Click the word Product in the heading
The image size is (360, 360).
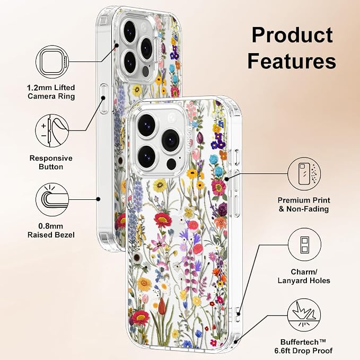click(x=292, y=35)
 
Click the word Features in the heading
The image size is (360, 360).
click(x=292, y=60)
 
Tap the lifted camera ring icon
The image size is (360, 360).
click(x=52, y=62)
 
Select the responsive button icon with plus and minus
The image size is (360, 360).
click(x=52, y=131)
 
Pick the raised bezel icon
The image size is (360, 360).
click(x=52, y=199)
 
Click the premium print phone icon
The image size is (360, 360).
click(x=304, y=174)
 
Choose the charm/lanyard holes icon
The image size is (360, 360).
click(x=304, y=245)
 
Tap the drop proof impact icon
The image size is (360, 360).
click(x=304, y=315)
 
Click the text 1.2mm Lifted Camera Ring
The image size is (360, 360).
click(x=51, y=92)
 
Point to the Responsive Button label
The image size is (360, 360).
click(x=51, y=162)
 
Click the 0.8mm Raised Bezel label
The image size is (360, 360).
click(x=51, y=231)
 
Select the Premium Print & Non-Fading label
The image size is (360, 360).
click(x=304, y=205)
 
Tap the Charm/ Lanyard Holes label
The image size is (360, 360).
click(x=304, y=276)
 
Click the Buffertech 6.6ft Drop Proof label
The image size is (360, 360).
click(x=303, y=346)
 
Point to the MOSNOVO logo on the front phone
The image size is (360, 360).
click(x=189, y=139)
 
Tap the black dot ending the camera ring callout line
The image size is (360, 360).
click(x=117, y=46)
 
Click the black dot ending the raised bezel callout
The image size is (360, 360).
click(x=98, y=199)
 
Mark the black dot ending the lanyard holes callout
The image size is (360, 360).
click(x=239, y=314)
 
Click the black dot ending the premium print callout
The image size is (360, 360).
click(x=227, y=179)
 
